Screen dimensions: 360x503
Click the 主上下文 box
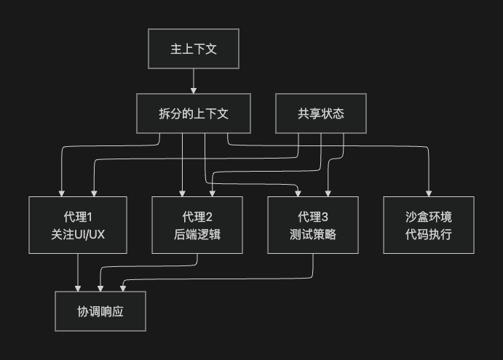pyautogui.click(x=194, y=49)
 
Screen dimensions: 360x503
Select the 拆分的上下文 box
pyautogui.click(x=194, y=113)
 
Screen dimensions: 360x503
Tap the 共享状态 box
pyautogui.click(x=320, y=113)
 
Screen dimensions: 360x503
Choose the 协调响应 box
pyautogui.click(x=100, y=311)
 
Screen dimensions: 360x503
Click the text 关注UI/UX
pyautogui.click(x=79, y=234)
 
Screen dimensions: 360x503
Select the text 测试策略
pyautogui.click(x=312, y=234)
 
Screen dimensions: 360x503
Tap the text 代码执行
pyautogui.click(x=428, y=234)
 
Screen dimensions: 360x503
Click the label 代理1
pyautogui.click(x=79, y=217)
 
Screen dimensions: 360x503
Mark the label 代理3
pyautogui.click(x=312, y=217)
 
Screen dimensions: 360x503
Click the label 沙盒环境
pyautogui.click(x=428, y=217)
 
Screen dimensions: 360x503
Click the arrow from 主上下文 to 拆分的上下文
pyautogui.click(x=194, y=80)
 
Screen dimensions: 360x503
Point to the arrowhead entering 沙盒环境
pyautogui.click(x=428, y=193)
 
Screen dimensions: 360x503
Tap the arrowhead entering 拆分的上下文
pyautogui.click(x=194, y=91)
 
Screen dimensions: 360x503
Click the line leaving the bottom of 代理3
pyautogui.click(x=313, y=265)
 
